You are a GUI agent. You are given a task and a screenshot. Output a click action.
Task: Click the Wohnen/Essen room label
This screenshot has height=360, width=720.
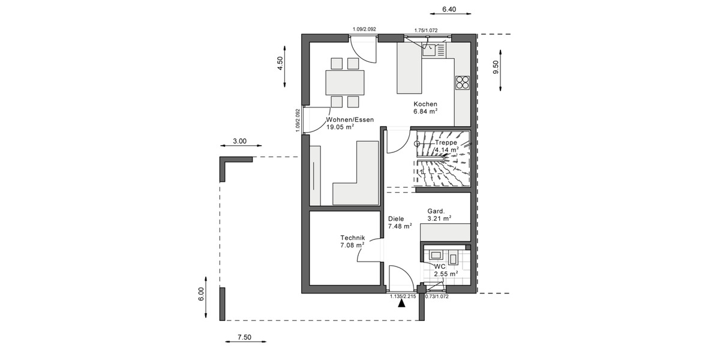coord(350,119)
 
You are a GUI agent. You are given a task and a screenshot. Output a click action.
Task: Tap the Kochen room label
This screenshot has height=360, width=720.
coord(425,104)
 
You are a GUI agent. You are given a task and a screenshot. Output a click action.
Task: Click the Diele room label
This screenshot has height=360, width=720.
coord(396,219)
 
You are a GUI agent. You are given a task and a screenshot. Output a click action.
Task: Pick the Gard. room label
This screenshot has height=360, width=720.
coord(436,211)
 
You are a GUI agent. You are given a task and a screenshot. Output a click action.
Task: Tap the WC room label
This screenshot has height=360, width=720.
coord(440,266)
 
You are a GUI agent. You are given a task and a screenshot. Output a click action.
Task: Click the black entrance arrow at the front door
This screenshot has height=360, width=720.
coord(401,303)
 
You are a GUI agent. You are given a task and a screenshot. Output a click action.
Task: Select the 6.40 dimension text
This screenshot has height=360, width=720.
coord(449,9)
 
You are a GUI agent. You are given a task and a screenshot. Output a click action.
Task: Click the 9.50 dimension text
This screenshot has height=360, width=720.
coord(496,67)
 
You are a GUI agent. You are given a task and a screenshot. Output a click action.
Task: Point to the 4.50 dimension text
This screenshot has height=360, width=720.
coord(280,64)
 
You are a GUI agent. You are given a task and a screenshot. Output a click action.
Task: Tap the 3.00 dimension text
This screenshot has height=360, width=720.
coord(239,142)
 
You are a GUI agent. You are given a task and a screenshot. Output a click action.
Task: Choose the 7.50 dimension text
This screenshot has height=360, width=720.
coord(244,337)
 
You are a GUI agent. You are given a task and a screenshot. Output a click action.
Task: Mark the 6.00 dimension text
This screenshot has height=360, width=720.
coord(202,294)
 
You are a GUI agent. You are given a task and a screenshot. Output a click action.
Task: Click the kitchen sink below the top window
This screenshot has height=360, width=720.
coord(431,50)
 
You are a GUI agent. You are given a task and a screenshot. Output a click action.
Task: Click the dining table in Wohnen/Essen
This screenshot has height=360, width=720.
coord(344,82)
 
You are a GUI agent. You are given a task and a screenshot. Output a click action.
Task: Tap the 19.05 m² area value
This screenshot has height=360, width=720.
coord(340,127)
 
